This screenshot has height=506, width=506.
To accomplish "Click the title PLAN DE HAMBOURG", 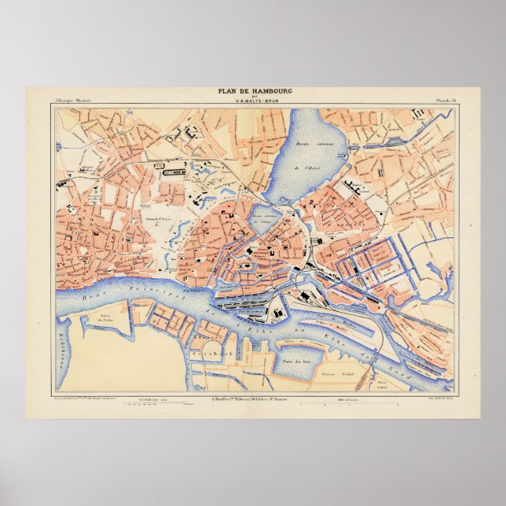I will click(x=255, y=91).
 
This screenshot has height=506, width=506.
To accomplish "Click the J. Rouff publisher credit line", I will click(x=254, y=399).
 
